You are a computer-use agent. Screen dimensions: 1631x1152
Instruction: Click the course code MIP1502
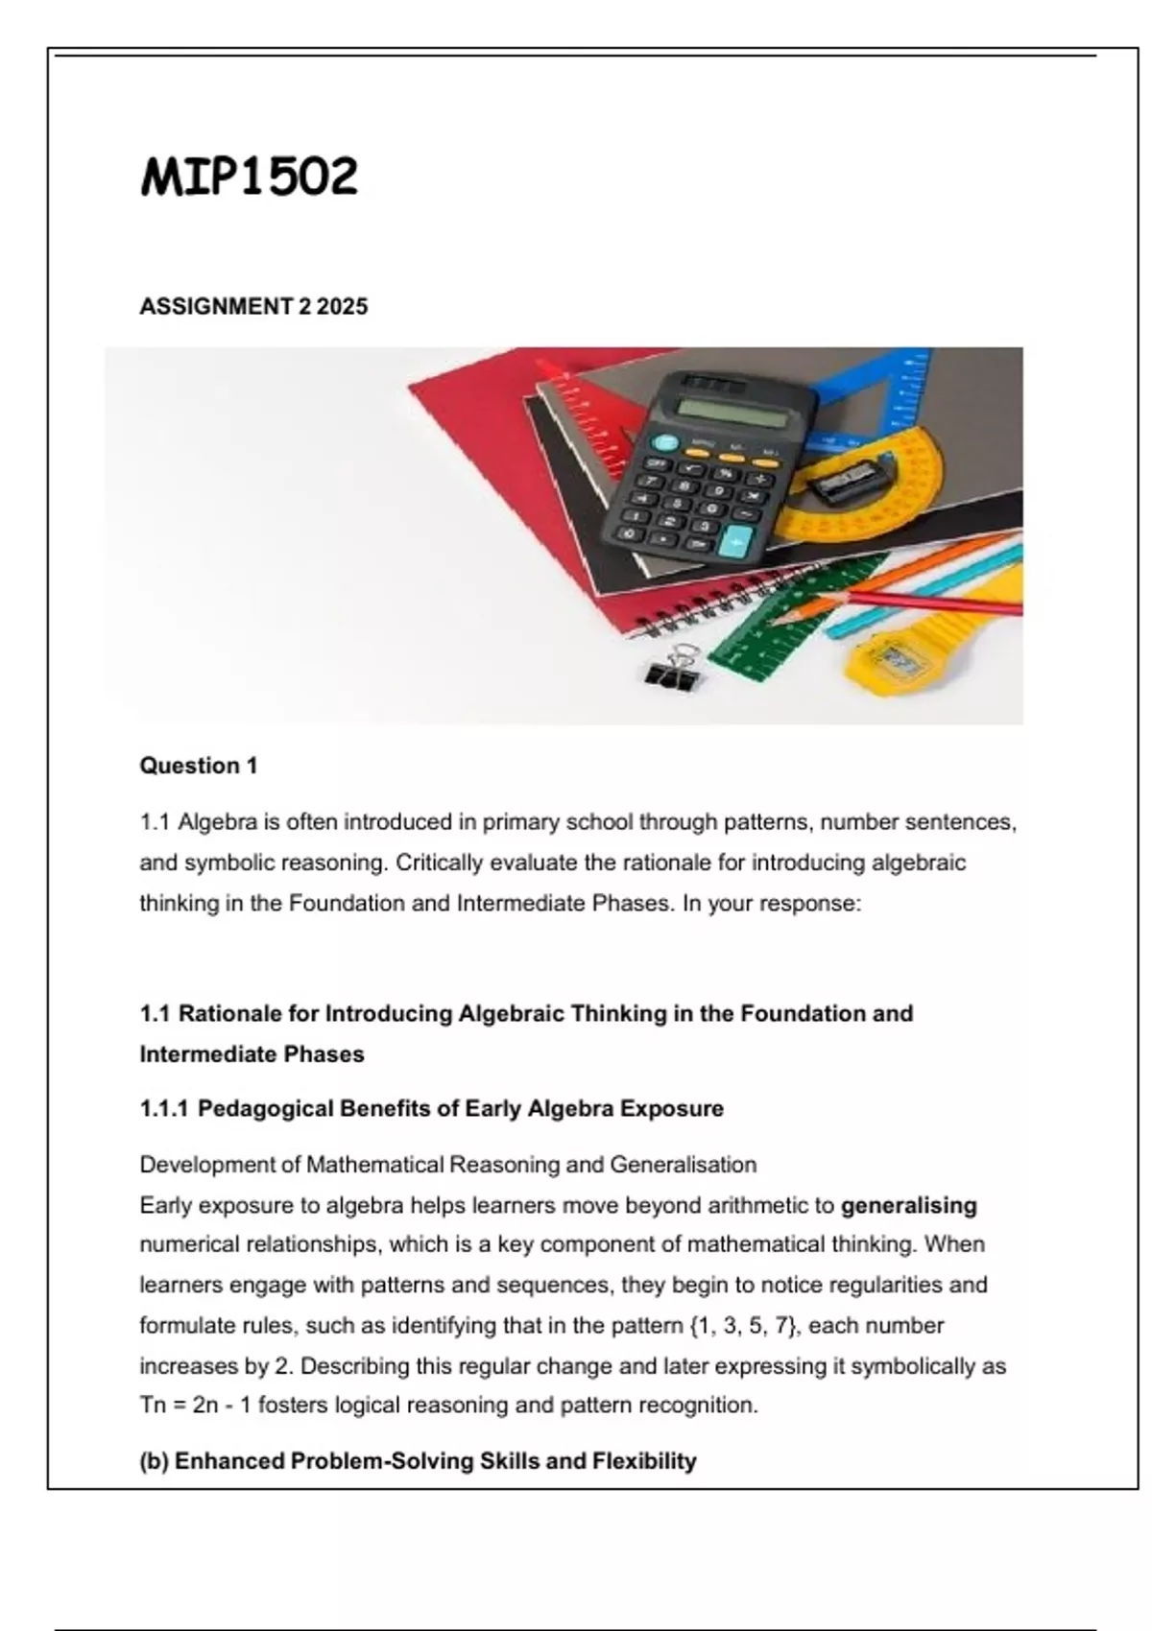(249, 177)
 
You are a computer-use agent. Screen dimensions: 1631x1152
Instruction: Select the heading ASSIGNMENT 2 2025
(253, 307)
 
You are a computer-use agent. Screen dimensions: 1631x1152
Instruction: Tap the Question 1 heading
(199, 766)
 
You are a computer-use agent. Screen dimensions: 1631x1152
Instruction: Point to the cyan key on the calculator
(736, 542)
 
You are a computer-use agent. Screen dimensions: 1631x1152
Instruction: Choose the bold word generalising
(908, 1205)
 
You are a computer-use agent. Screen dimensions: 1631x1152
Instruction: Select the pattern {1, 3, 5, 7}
(743, 1326)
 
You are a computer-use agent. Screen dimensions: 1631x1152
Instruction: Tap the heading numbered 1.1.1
(431, 1109)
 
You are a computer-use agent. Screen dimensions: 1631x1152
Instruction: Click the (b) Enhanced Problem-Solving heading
(418, 1461)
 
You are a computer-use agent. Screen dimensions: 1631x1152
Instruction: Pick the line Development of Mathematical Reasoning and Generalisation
(447, 1165)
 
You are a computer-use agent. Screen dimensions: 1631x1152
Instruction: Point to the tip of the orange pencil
(774, 618)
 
